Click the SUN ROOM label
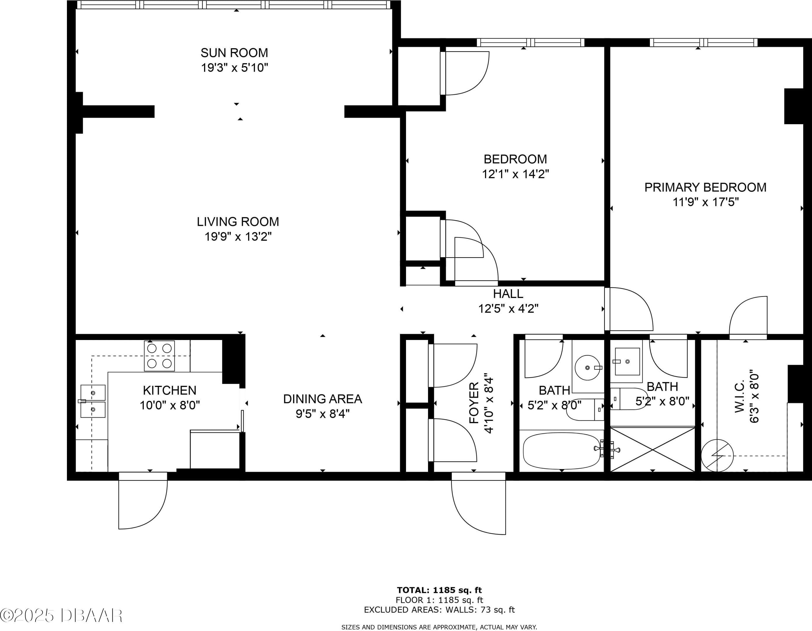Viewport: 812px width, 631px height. (x=234, y=53)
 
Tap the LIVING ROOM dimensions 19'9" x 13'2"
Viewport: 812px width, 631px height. (x=238, y=236)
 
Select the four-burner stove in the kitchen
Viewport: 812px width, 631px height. (x=159, y=356)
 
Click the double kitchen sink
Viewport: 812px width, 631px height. (x=93, y=401)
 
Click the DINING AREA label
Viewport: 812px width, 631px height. (x=322, y=399)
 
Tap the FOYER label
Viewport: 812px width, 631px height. (x=474, y=403)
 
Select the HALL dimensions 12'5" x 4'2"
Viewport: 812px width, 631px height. (x=508, y=309)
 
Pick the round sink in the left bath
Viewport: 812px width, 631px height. (x=587, y=367)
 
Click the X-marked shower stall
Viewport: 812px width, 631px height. (x=653, y=449)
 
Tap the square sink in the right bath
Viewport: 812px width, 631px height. (x=627, y=361)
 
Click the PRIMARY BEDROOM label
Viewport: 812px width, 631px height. (x=705, y=187)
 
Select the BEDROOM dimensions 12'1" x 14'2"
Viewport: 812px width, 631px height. (x=515, y=174)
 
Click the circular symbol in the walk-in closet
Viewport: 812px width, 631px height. (x=717, y=455)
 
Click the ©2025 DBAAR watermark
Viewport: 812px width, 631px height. (x=61, y=615)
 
